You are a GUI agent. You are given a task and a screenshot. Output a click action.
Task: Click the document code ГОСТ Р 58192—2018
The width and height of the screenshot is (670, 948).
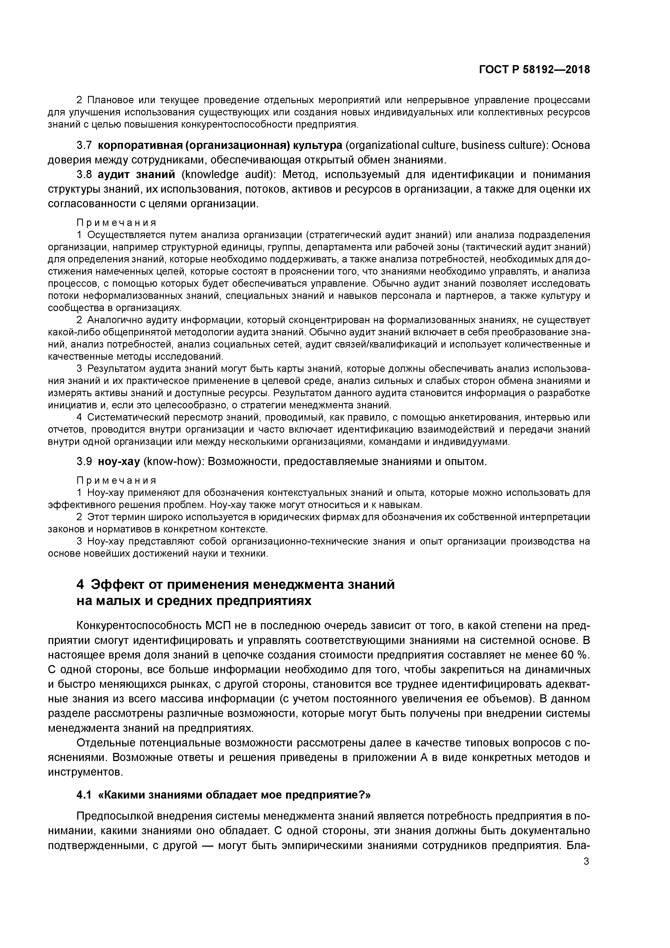point(534,70)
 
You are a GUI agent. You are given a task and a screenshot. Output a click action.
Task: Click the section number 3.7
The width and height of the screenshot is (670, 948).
point(85,145)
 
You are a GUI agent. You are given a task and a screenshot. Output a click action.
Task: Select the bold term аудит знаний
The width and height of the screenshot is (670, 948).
point(137,175)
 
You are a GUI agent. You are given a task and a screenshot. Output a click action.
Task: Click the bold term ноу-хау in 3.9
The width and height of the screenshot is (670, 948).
point(119,461)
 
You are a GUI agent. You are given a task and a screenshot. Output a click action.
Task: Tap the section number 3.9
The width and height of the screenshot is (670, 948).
point(85,461)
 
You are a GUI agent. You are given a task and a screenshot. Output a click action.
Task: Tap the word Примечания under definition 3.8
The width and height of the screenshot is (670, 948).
point(116,223)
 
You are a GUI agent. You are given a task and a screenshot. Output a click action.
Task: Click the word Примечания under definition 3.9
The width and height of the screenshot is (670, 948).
point(116,480)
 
